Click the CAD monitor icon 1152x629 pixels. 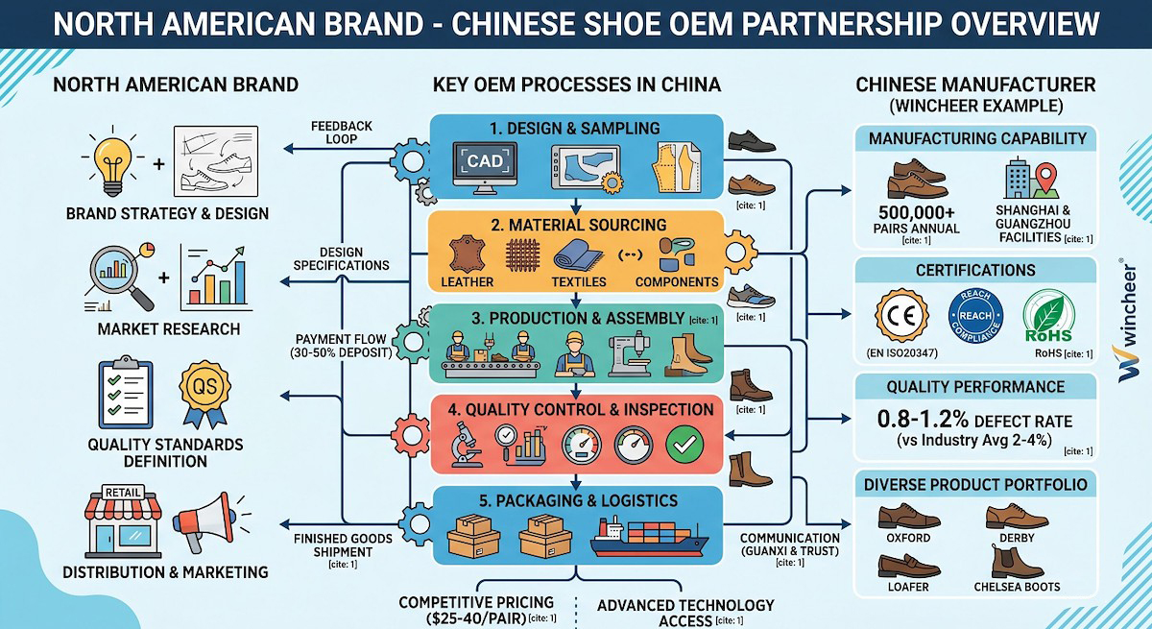point(485,164)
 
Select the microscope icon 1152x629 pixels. point(467,443)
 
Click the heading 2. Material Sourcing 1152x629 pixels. point(574,225)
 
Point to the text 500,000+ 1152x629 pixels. point(918,212)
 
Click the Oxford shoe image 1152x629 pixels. point(907,518)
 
